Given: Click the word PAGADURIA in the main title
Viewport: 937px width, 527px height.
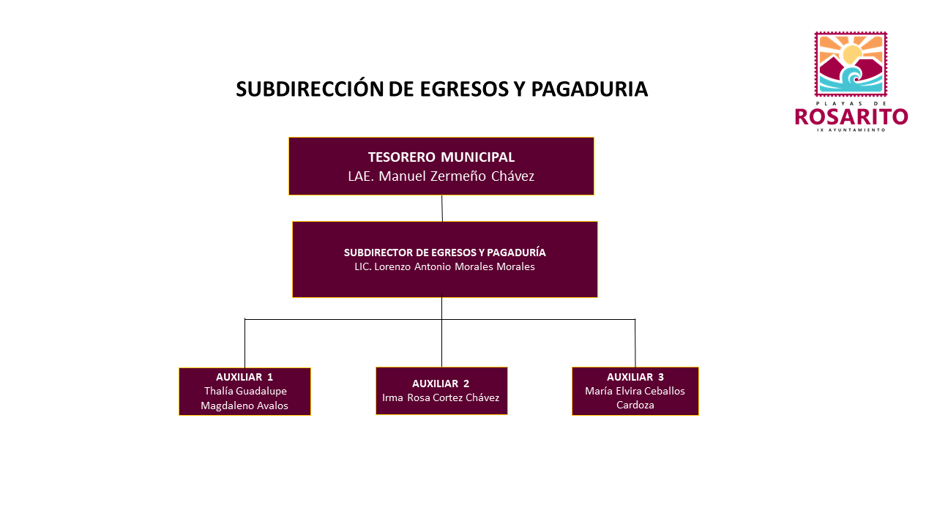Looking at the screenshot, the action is click(589, 89).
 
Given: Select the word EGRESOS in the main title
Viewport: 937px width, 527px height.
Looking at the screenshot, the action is click(463, 89).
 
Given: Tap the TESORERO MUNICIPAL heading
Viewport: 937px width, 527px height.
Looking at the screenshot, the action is click(441, 157).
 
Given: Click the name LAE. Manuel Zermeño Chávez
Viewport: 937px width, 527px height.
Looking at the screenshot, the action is click(441, 176).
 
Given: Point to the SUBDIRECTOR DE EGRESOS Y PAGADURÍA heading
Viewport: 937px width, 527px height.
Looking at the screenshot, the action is click(444, 253).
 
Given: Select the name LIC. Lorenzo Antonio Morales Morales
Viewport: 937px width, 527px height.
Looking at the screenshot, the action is click(444, 266).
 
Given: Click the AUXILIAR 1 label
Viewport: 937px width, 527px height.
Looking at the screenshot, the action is click(244, 377).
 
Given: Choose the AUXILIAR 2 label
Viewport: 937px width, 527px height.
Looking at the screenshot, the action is click(441, 384).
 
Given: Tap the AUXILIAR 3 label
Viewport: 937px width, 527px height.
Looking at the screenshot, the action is click(635, 377).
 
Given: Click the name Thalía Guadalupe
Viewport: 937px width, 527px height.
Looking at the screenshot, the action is click(245, 391).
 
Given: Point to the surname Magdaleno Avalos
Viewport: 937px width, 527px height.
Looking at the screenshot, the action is click(244, 405).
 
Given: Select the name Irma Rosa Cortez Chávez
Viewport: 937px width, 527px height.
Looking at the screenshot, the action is click(441, 397).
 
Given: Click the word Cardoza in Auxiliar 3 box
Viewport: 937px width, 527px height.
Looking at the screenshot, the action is click(635, 405).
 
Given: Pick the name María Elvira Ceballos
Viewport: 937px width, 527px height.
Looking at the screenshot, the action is click(635, 391).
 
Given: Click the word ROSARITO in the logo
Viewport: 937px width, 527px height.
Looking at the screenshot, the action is click(851, 116).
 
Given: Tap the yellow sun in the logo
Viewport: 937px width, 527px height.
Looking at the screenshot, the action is click(851, 54).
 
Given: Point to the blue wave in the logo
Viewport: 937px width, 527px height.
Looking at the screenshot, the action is click(851, 81).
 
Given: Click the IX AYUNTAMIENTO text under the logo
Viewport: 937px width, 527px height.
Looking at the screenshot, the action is click(851, 130).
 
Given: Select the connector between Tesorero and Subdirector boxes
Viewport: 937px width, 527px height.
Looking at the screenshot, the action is click(442, 209).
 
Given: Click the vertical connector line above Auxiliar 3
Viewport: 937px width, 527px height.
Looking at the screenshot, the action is click(635, 343).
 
